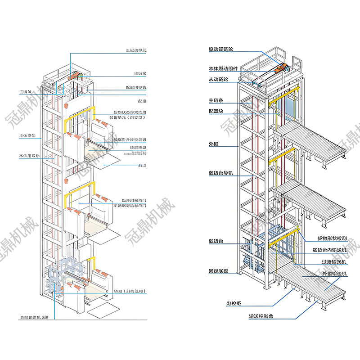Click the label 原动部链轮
pos(223,49)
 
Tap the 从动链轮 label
pos(218,80)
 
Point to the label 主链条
pos(216,100)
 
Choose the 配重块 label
pos(216,111)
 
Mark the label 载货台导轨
pos(220,173)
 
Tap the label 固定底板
pos(218,271)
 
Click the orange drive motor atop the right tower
pos(281,68)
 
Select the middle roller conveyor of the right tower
pos(313,198)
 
